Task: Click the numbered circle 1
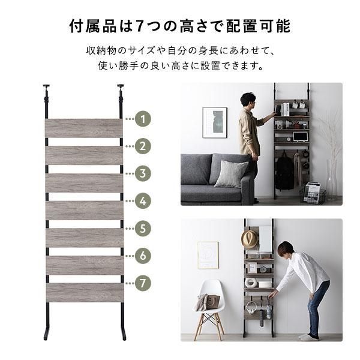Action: (x=143, y=119)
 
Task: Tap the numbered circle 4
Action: (x=143, y=201)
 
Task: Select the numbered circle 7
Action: (x=143, y=283)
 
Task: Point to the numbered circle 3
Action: (x=143, y=173)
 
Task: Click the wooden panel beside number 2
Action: (x=84, y=155)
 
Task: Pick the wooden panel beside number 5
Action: (x=85, y=238)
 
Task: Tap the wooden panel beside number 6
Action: (x=85, y=265)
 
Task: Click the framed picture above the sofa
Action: (x=215, y=123)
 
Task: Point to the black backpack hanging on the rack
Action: (x=284, y=172)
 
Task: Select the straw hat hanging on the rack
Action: (x=250, y=239)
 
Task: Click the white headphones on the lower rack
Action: (x=250, y=308)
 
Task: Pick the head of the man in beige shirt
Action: (x=248, y=100)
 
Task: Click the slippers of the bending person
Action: (x=309, y=337)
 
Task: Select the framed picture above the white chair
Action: (x=208, y=255)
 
